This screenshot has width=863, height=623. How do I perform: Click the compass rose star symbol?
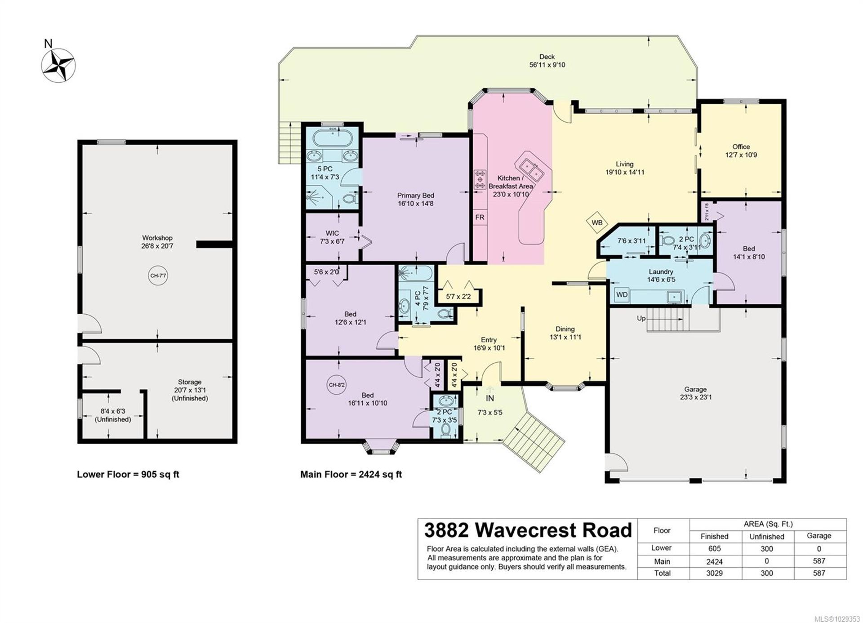[58, 66]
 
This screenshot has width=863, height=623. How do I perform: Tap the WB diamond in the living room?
[597, 222]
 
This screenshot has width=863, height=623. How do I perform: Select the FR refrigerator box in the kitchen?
[480, 218]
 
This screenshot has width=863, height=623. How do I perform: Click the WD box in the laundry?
[622, 295]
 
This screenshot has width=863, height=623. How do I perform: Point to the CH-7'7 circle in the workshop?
[158, 276]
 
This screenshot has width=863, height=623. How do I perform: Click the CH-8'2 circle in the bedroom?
[337, 385]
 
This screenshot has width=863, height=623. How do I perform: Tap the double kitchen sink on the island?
[530, 169]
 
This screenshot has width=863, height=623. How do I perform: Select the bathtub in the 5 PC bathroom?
[333, 138]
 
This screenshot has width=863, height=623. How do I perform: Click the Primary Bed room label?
[415, 199]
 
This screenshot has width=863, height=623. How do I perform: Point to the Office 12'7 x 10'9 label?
[741, 151]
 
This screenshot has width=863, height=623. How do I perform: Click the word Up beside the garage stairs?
[641, 318]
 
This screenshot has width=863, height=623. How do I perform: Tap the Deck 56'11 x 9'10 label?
[547, 61]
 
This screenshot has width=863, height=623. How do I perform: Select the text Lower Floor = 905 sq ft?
[128, 474]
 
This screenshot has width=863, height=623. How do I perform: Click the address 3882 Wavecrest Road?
[528, 530]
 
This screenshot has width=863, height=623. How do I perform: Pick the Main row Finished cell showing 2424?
[714, 561]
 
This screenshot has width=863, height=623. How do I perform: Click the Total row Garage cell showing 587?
[819, 573]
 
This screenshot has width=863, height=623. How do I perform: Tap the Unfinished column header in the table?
[766, 536]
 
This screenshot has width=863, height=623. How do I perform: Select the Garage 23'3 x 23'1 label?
[695, 393]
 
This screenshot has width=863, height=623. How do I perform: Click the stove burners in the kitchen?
[480, 179]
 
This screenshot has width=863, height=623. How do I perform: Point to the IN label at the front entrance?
[489, 398]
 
